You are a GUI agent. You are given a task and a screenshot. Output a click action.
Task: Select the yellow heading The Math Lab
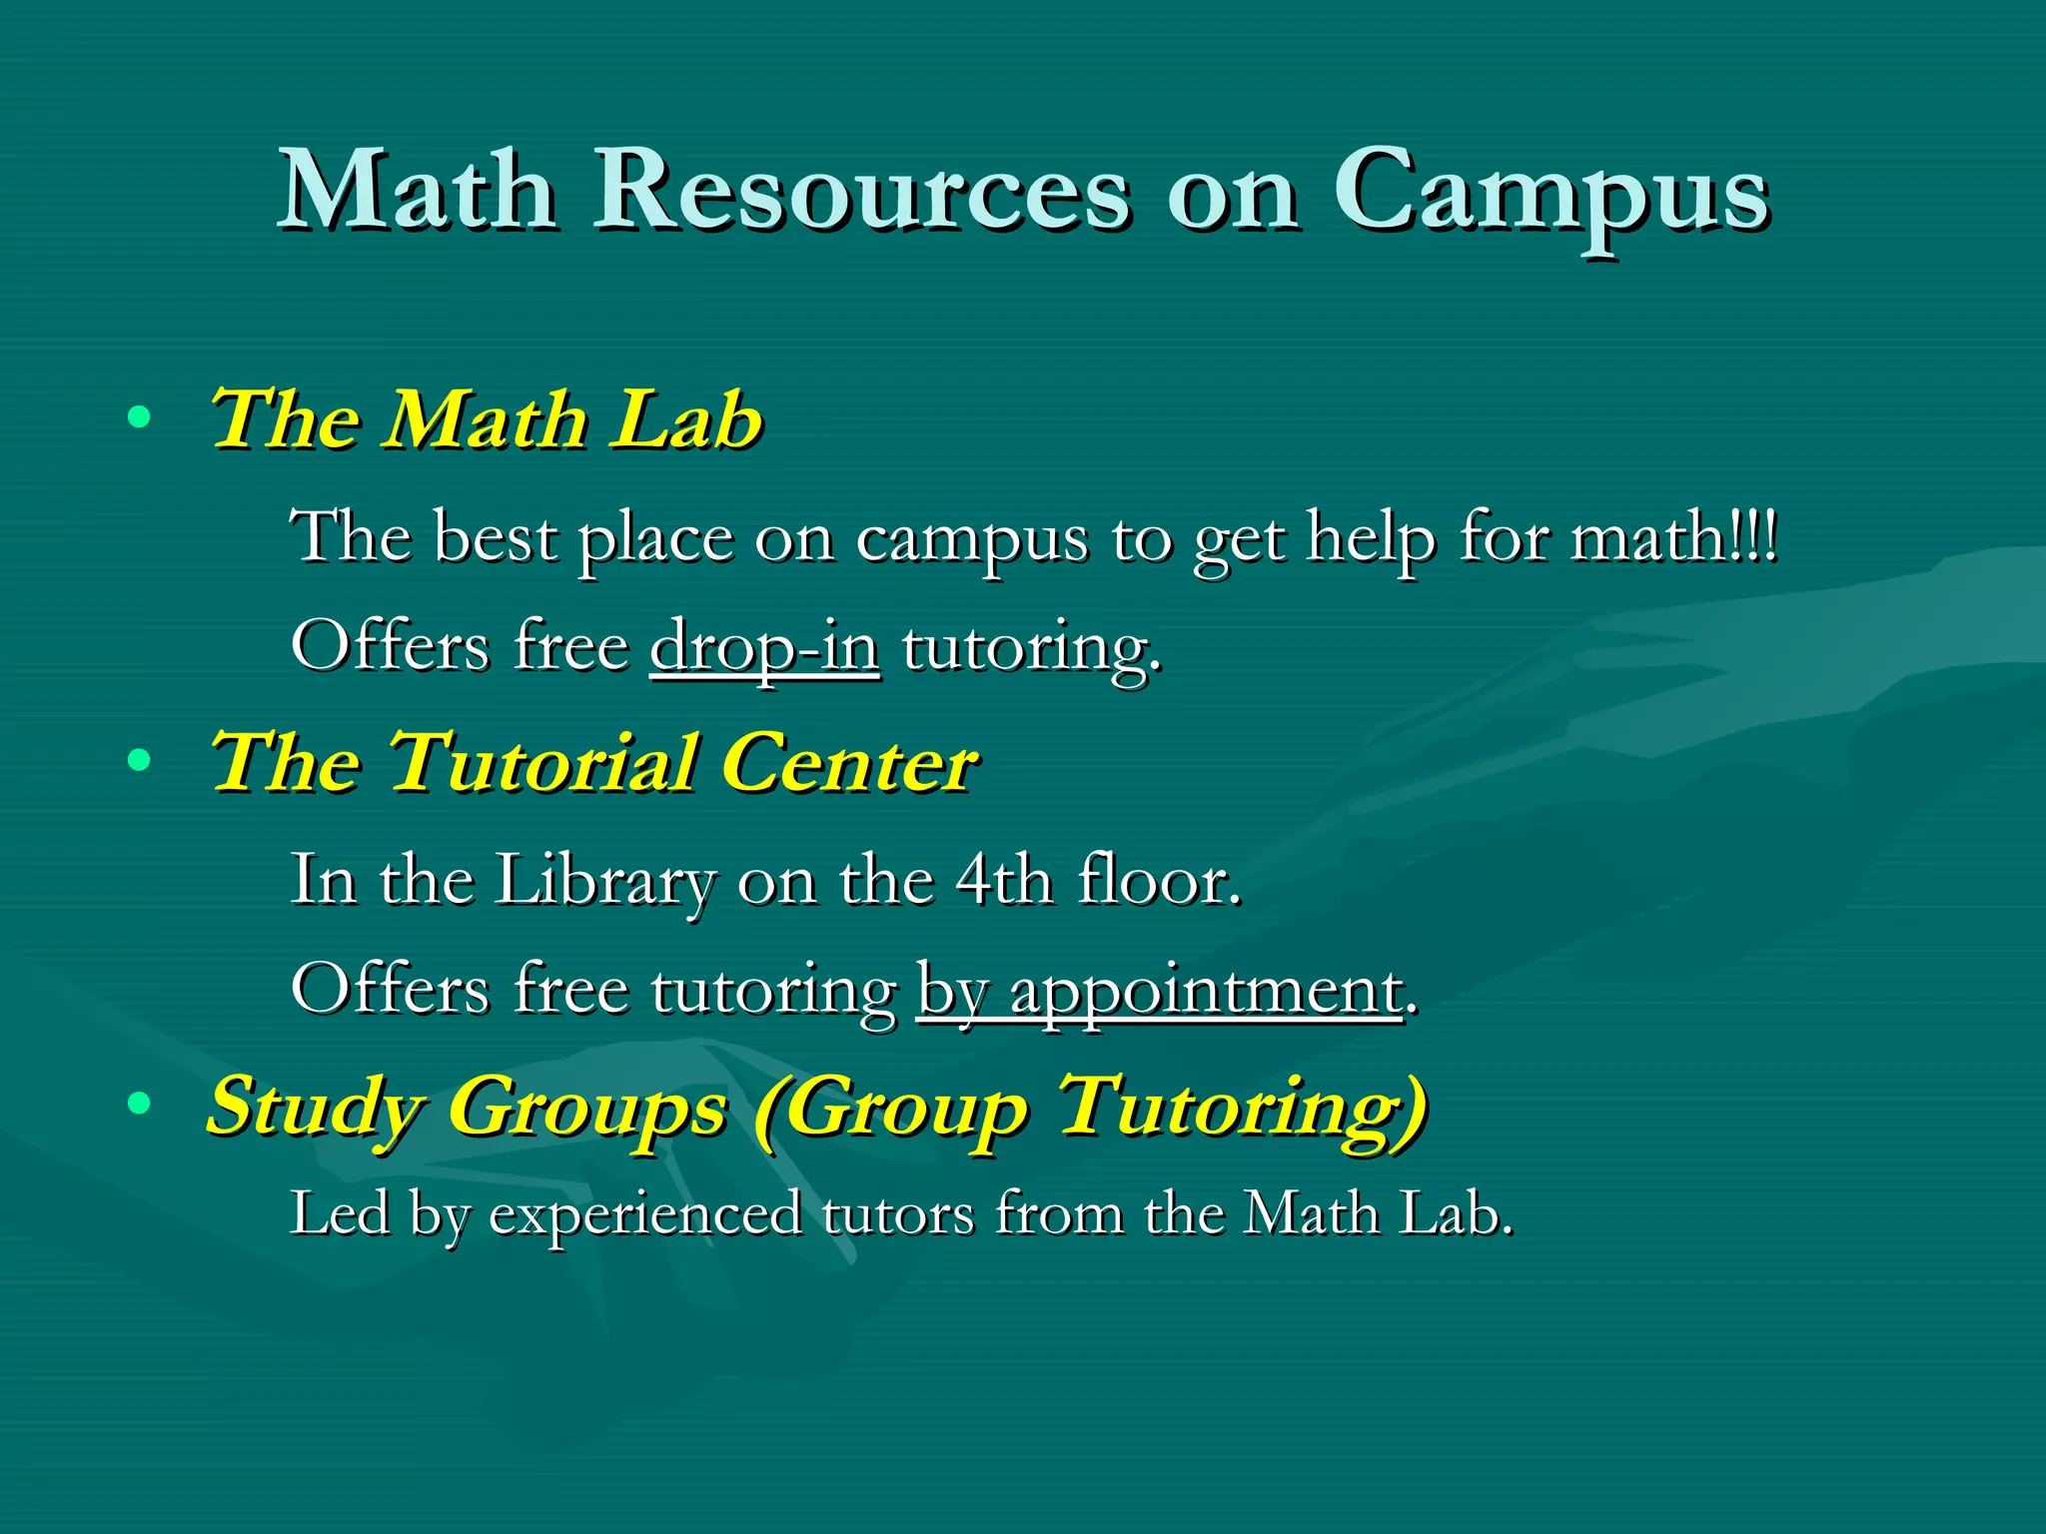coord(487,419)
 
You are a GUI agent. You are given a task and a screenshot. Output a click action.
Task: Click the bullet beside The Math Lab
coord(140,417)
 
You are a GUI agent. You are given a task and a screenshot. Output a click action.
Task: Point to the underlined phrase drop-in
coord(765,647)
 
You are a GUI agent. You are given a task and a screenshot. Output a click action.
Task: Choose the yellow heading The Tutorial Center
coord(594,763)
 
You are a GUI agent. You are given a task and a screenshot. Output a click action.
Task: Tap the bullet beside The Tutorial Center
coord(140,762)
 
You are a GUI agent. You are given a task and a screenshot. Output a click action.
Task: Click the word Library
coord(604,881)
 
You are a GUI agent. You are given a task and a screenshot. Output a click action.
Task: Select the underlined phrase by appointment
coord(1160,991)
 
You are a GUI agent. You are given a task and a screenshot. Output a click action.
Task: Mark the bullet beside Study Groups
coord(140,1104)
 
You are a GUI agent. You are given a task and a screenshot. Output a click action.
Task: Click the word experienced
coord(645,1214)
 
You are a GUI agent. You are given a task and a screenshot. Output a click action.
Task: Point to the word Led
coord(340,1214)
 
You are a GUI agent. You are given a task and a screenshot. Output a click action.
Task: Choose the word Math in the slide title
coord(417,190)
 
